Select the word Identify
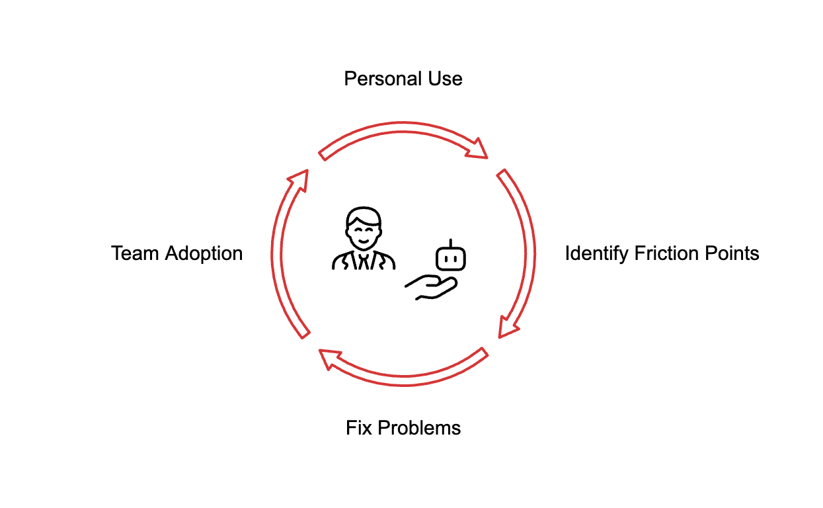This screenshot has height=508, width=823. coord(597,254)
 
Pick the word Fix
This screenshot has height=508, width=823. coord(359,428)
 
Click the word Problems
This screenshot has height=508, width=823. coord(419,428)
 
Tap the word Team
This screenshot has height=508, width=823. coord(136,253)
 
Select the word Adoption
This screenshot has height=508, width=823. coord(204,253)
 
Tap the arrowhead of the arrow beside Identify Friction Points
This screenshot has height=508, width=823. coord(507,327)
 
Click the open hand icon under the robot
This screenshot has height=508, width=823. coord(431,288)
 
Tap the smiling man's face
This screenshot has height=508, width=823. coord(363,231)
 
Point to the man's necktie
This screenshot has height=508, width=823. coord(363,261)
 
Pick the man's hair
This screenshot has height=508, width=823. coord(364,215)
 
